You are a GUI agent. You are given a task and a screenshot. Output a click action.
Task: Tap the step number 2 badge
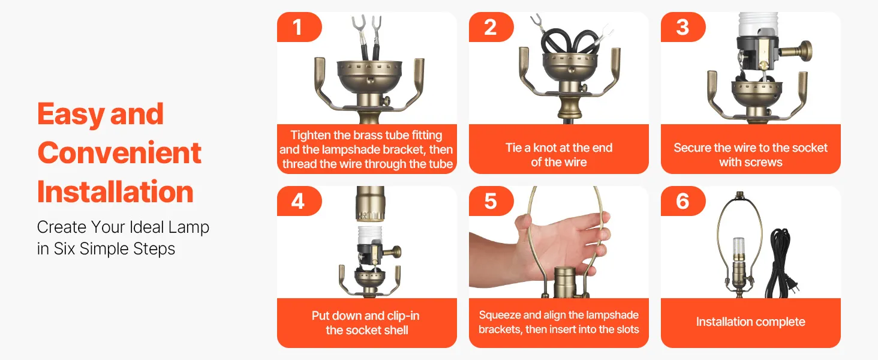pos(491,26)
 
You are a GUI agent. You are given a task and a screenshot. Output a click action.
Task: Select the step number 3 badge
pos(683,26)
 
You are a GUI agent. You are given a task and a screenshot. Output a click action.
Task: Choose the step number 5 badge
pos(491,201)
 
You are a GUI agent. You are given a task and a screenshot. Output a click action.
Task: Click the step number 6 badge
pos(683,201)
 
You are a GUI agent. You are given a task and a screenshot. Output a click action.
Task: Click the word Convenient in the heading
pos(119,152)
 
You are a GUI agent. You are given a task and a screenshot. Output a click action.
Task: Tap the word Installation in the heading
pos(115,192)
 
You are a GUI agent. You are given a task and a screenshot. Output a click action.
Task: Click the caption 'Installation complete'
pos(751,322)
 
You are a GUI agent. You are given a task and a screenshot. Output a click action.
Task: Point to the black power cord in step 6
pos(780,263)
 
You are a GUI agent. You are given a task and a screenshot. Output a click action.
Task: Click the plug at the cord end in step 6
pos(793,288)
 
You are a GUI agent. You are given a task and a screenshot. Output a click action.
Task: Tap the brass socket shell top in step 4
pos(370,204)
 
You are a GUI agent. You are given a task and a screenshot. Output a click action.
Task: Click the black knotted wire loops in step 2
pos(567,41)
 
